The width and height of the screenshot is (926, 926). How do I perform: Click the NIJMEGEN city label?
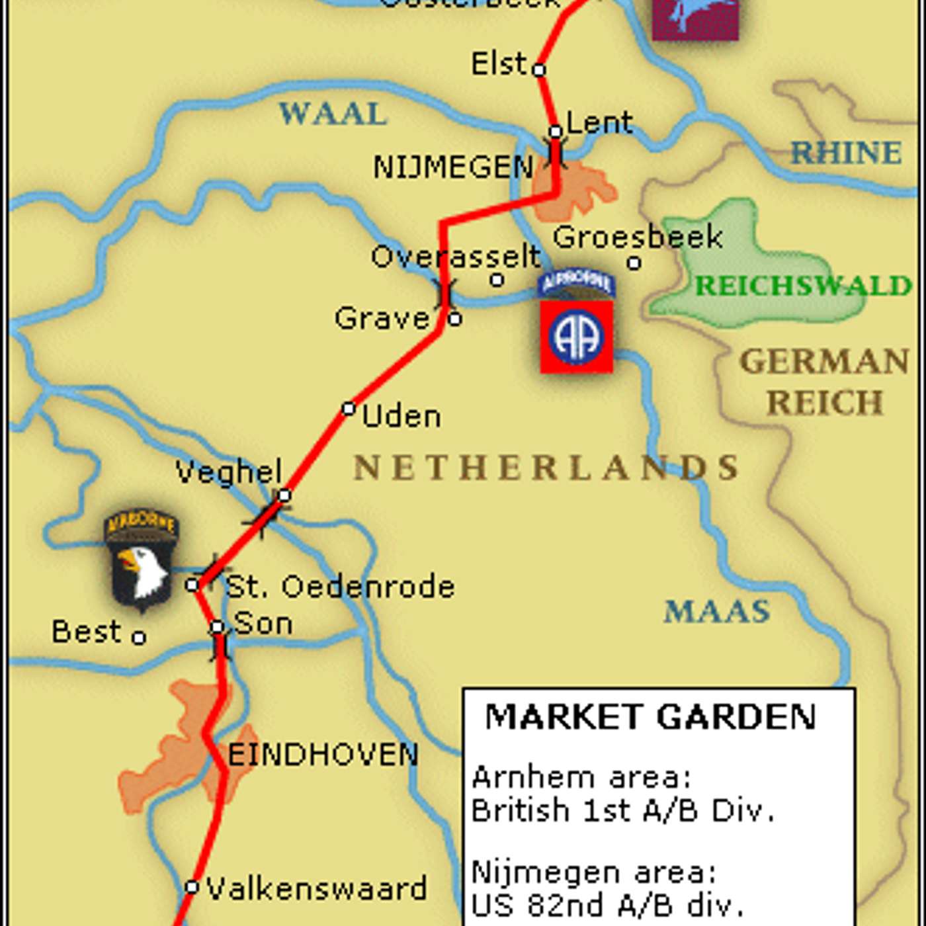coord(453,167)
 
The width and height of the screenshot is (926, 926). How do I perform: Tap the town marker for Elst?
coord(539,69)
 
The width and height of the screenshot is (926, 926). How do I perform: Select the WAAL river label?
coord(333,114)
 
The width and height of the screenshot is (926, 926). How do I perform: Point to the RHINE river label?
coord(847,153)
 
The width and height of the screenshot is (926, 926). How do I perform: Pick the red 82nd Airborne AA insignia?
coord(576,337)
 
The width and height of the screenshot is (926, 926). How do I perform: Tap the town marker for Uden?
coord(349,409)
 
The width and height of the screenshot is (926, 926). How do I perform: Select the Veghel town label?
coord(229,472)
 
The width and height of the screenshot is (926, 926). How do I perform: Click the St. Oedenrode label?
coord(340,587)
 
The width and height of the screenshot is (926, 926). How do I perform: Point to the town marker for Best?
coord(138,638)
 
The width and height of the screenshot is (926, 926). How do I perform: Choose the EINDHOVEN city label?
coord(323,755)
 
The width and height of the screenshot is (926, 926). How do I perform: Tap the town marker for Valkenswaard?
coord(192,887)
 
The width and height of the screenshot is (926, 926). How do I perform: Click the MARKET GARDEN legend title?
coord(651,717)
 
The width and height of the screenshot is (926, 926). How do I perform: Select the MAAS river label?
coord(717,611)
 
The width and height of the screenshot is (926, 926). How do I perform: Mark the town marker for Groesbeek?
coord(634,263)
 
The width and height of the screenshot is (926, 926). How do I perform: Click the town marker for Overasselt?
coord(497,280)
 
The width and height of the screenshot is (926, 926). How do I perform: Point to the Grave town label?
coord(382,318)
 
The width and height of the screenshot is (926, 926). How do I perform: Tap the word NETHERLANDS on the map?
coord(546,468)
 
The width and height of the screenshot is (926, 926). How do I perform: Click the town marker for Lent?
coord(556,132)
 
